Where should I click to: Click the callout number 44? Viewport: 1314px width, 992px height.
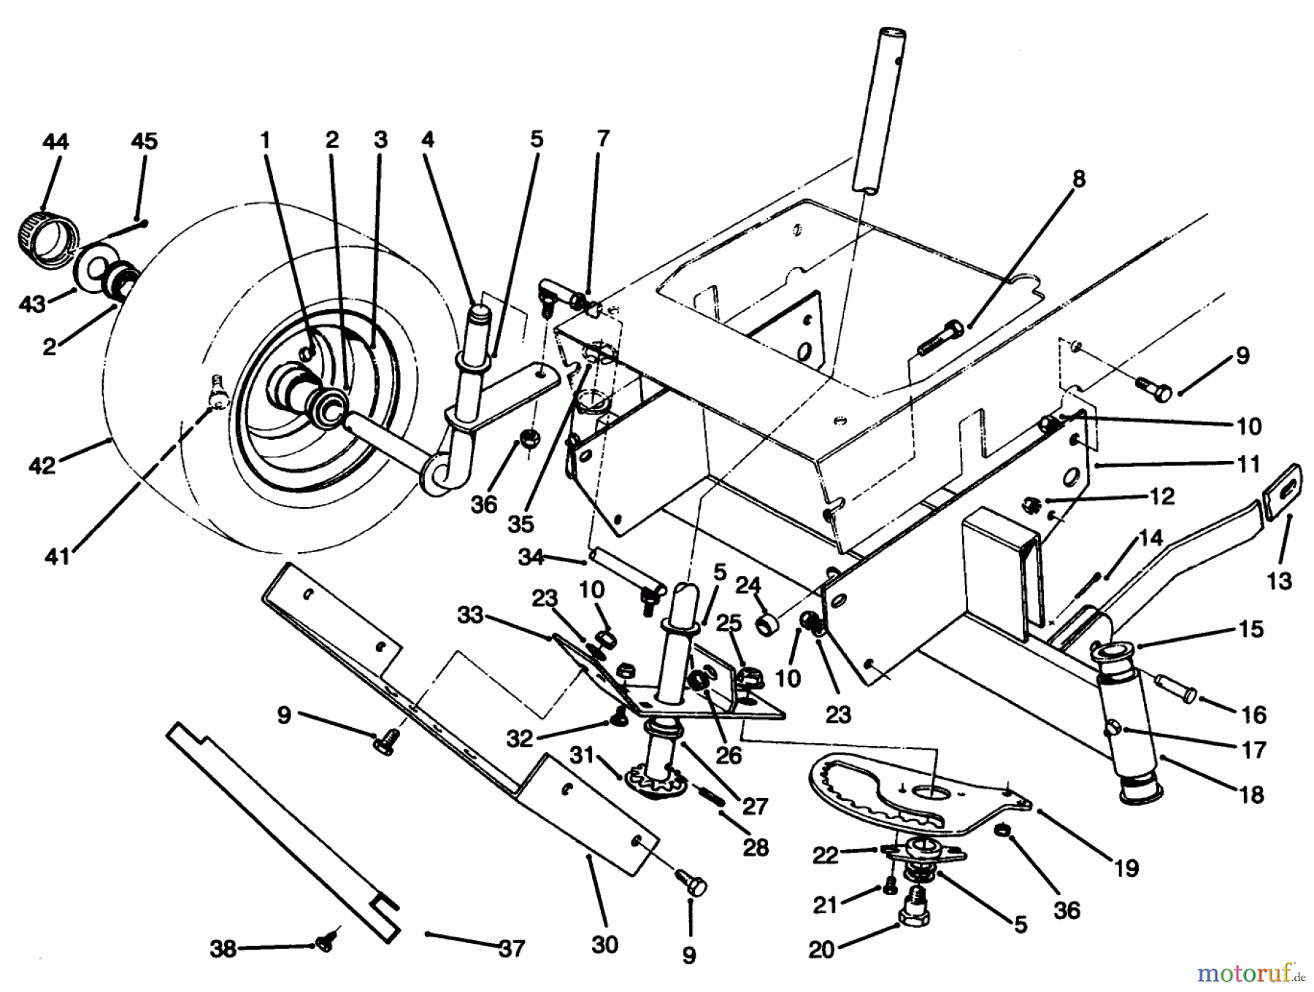click(55, 142)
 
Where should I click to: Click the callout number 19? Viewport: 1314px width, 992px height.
click(1126, 868)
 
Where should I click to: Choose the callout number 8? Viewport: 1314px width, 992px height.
click(1078, 179)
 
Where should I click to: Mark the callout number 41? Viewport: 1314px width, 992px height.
click(57, 557)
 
